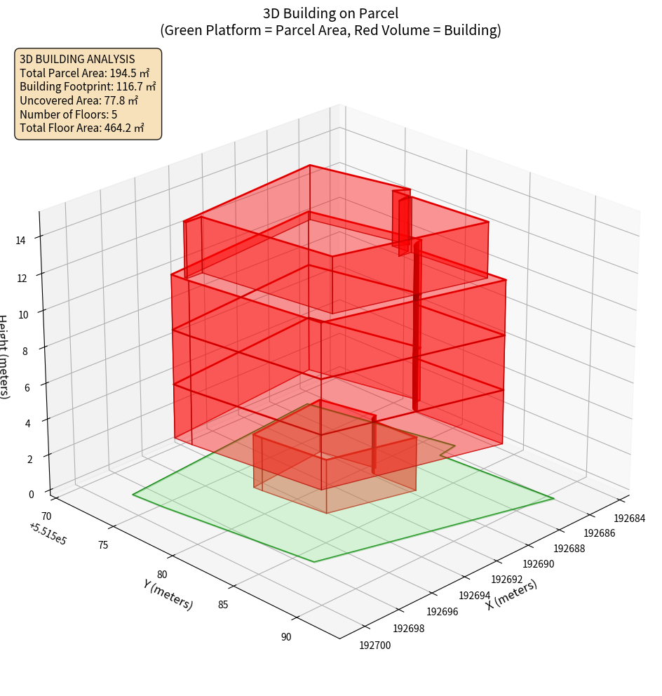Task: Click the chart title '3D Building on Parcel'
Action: [x=330, y=13]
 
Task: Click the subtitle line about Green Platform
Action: [x=330, y=30]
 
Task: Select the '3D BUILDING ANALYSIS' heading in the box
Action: [x=77, y=60]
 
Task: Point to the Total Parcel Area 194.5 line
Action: [x=84, y=73]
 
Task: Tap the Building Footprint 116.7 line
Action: [x=88, y=87]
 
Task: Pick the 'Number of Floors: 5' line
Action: [x=69, y=114]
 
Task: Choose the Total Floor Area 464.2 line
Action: [x=82, y=128]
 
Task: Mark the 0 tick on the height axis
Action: [x=31, y=494]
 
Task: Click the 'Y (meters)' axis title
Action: [x=168, y=594]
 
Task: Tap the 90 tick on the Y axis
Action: [x=286, y=637]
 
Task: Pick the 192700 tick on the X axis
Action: [x=374, y=645]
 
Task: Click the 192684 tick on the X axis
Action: [x=629, y=518]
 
